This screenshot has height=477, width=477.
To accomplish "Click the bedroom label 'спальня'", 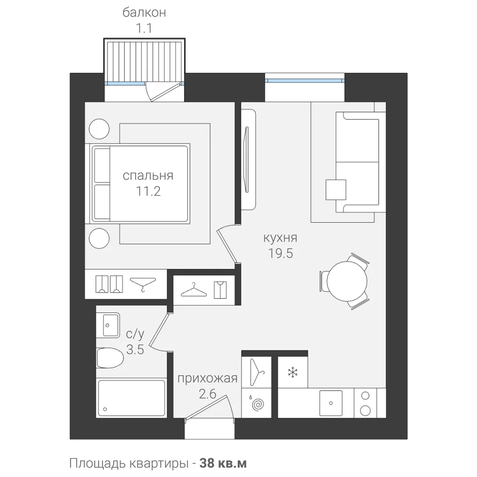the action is (148, 176).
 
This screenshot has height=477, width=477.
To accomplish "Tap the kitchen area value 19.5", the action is (280, 253).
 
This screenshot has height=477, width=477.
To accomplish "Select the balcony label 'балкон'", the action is (144, 13).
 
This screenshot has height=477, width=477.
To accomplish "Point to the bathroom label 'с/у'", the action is (135, 334).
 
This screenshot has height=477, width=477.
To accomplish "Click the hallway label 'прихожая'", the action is (207, 379).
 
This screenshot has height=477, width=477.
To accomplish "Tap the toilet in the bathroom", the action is (110, 358).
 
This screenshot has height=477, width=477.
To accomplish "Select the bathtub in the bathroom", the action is (132, 398).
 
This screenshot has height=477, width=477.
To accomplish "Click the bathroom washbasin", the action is (108, 325).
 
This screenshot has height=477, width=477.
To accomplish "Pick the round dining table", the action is (347, 281).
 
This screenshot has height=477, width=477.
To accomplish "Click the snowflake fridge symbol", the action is (293, 373).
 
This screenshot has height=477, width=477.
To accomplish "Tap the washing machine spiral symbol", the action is (258, 404).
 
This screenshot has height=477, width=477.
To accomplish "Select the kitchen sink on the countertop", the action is (331, 403).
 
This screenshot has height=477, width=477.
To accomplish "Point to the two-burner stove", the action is (365, 403).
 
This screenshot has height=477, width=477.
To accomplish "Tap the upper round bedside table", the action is (99, 129).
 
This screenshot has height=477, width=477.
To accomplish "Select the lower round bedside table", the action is (99, 238).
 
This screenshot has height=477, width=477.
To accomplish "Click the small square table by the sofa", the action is (336, 190).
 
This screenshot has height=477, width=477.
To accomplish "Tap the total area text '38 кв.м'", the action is (223, 463).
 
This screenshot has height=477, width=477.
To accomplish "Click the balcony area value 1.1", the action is (144, 29).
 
